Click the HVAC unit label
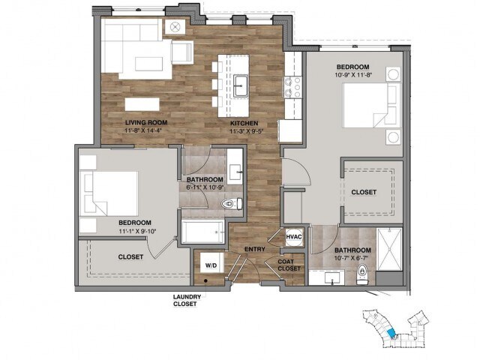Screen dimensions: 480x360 tap(294, 237)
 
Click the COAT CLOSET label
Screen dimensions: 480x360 tap(289, 265)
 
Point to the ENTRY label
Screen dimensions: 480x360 tap(255, 249)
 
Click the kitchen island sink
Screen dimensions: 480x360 tap(241, 85)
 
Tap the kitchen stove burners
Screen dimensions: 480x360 tap(292, 87)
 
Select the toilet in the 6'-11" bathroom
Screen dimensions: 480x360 tap(232, 203)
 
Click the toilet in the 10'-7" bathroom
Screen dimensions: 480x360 tap(362, 274)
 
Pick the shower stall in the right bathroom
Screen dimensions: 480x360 tap(389, 249)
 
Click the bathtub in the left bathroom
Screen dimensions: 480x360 tap(203, 232)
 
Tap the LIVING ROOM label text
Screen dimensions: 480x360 tap(146, 123)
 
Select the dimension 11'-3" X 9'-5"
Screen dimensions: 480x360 tap(247, 131)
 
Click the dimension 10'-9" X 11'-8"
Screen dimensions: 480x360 tap(353, 74)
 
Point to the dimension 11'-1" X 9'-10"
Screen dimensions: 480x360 tap(137, 230)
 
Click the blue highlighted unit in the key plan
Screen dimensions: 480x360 tap(391, 334)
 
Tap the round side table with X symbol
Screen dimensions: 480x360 tap(175, 27)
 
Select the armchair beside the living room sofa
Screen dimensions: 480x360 tap(181, 52)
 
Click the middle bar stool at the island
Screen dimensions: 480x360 tap(217, 84)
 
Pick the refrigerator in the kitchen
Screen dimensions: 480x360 tap(290, 130)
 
